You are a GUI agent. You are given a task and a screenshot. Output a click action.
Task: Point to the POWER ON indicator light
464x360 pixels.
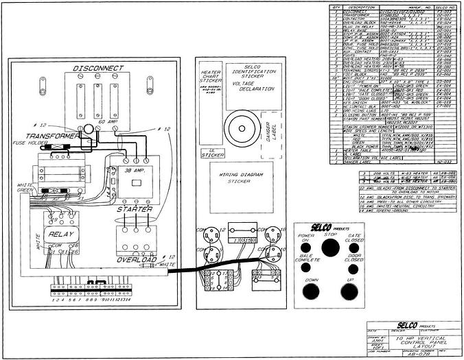pos(305,248)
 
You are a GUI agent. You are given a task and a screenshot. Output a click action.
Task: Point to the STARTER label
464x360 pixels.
pos(135,208)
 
